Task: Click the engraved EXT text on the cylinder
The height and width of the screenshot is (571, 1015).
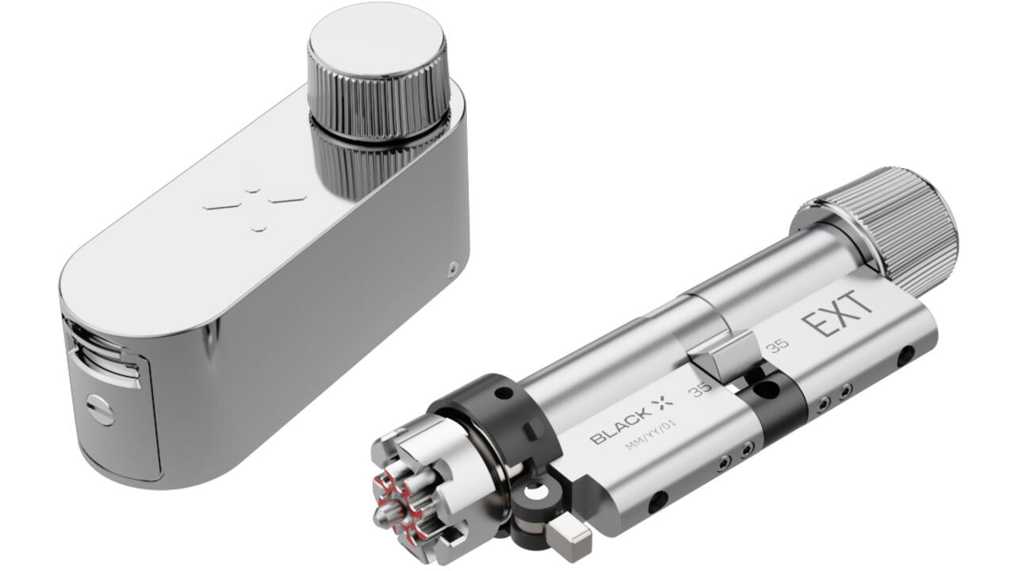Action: click(x=837, y=314)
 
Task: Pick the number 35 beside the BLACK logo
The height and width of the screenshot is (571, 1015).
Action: click(x=700, y=389)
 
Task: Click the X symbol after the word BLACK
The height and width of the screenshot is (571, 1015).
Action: click(x=664, y=402)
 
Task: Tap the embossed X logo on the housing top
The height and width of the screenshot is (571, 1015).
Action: click(x=255, y=207)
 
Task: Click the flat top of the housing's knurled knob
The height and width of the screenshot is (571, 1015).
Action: click(x=376, y=39)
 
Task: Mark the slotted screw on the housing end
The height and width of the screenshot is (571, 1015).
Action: click(x=101, y=410)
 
